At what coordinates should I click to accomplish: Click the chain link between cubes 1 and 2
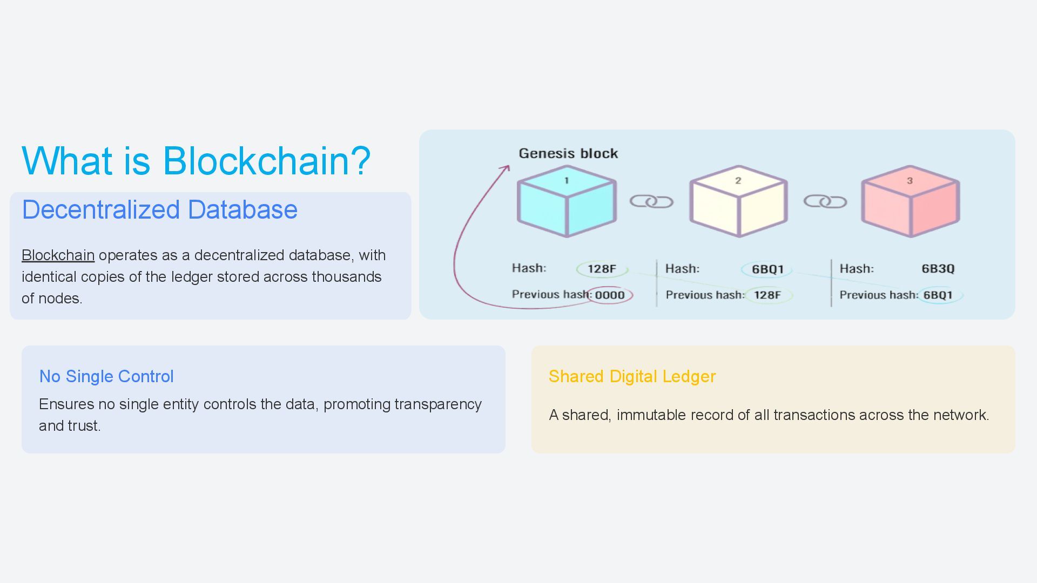[x=651, y=202]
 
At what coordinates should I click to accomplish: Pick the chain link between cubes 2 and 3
[x=825, y=202]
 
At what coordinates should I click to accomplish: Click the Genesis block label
[x=568, y=153]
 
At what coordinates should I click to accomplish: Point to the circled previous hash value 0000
[x=610, y=295]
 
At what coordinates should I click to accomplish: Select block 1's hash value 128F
[x=602, y=269]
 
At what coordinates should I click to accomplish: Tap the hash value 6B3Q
[x=938, y=269]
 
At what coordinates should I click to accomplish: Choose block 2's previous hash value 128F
[x=767, y=295]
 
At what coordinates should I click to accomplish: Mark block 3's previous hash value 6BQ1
[x=938, y=295]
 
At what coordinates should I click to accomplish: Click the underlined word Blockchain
[x=58, y=255]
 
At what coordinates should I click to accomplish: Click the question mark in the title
[x=357, y=161]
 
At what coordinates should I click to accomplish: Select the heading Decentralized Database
[x=159, y=209]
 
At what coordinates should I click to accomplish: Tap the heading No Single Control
[x=106, y=376]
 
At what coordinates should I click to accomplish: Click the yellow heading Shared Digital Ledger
[x=632, y=376]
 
